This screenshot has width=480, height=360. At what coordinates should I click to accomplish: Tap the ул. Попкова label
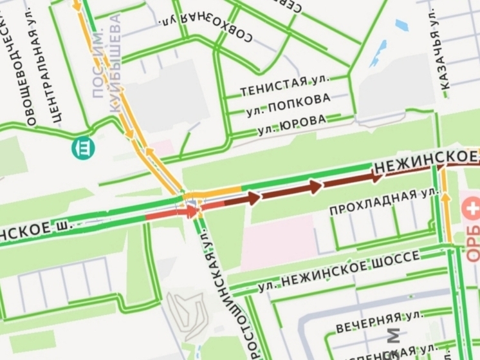(288, 106)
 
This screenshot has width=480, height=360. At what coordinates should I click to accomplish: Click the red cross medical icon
(470, 209)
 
